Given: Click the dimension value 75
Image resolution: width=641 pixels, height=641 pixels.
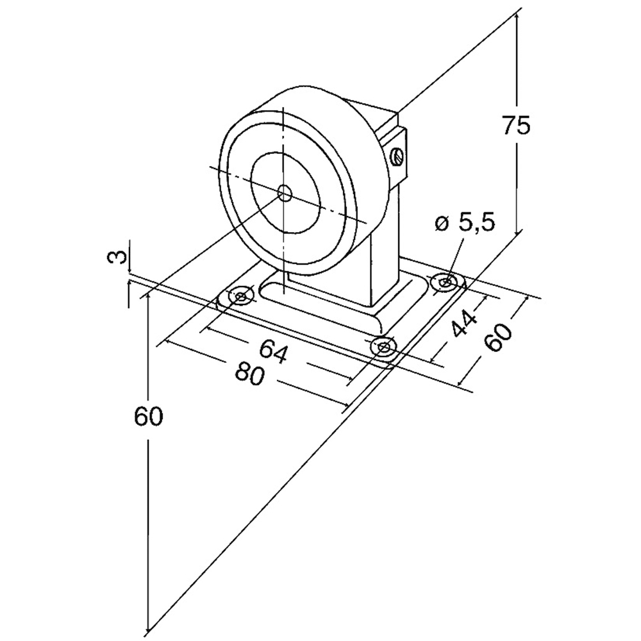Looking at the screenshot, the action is (x=516, y=125).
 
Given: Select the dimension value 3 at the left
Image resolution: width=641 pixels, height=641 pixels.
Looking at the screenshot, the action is (x=117, y=258).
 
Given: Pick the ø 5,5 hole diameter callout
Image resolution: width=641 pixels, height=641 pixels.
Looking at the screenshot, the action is (x=465, y=222).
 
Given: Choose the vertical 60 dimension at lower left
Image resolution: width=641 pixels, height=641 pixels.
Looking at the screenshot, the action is (x=148, y=417).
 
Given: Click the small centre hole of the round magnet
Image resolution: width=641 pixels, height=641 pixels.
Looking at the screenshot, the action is (x=285, y=192).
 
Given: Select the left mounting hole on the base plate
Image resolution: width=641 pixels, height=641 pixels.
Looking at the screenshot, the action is (x=241, y=296).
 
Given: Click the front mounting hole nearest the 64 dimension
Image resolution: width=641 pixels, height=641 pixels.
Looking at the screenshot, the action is (x=383, y=347).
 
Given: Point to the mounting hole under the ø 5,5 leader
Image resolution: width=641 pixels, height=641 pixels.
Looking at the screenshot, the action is (x=444, y=281).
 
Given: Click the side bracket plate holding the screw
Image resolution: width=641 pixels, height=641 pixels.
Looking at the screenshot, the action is (x=395, y=154).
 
